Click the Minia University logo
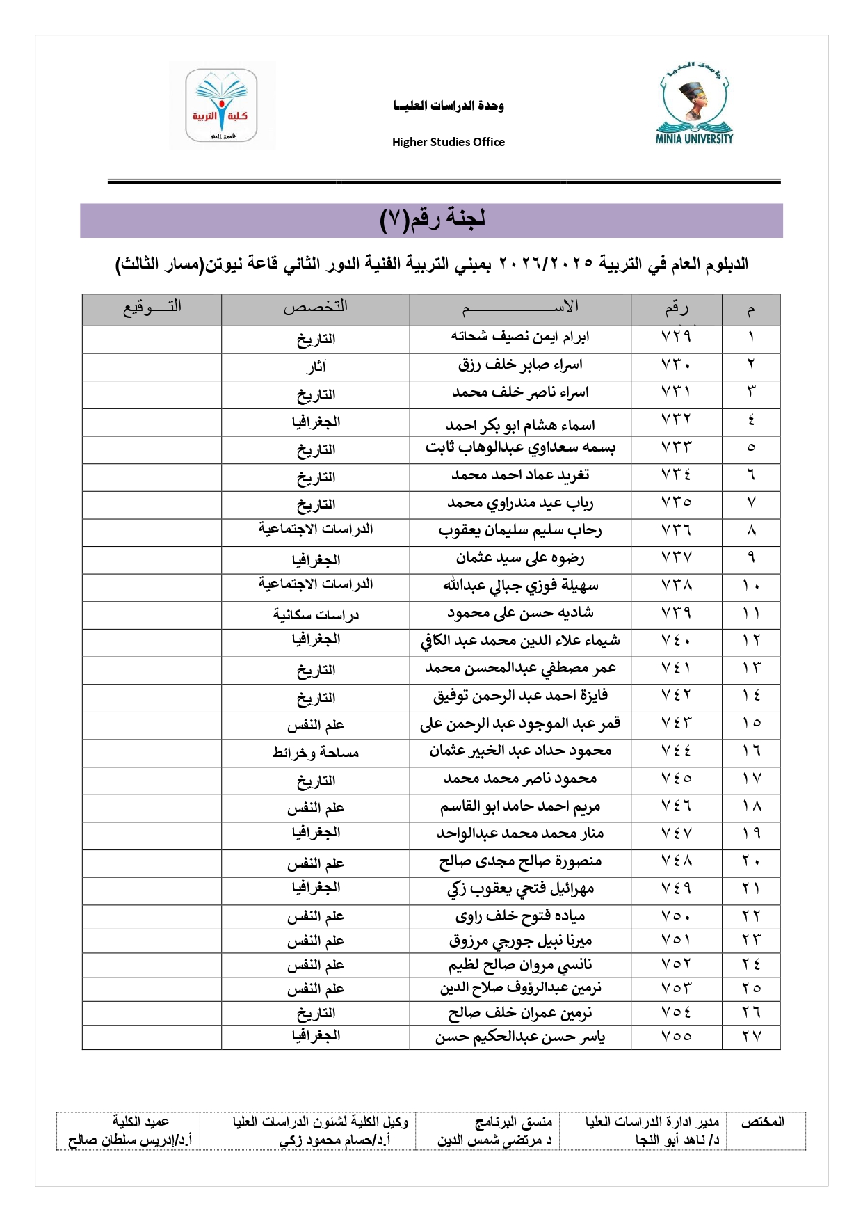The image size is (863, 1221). tap(694, 104)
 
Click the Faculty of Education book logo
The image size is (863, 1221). tap(221, 105)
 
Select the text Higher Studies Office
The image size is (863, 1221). tap(449, 142)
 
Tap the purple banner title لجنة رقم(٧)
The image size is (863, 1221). tap(432, 220)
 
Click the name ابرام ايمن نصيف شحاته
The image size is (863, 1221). tap(520, 337)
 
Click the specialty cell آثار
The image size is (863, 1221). tap(316, 367)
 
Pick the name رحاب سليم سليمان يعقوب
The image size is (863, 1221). tap(520, 531)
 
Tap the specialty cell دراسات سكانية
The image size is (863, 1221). tap(316, 615)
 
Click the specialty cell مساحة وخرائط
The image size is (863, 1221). tap(316, 753)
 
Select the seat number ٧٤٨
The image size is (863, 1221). tap(676, 862)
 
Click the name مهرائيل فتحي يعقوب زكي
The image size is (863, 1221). tap(520, 889)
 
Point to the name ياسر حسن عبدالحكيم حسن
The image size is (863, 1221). tap(520, 1037)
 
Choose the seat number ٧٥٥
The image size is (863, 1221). tap(676, 1037)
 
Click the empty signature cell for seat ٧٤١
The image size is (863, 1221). tap(152, 669)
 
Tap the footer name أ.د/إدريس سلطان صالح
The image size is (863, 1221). tap(129, 1140)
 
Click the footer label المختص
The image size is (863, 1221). tap(762, 1122)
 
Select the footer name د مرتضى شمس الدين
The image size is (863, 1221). tap(494, 1140)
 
